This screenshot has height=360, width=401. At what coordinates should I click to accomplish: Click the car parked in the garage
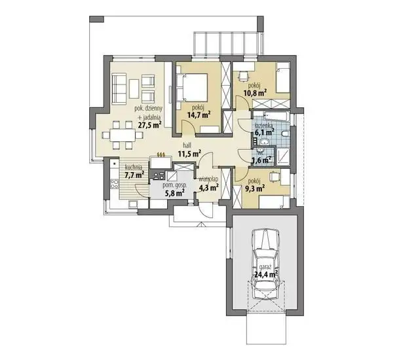point(266,264)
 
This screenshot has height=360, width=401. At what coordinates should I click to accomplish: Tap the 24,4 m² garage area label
point(266,274)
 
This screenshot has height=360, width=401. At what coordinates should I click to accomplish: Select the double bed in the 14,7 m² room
point(193,87)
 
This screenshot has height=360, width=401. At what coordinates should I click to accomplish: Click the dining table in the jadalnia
point(123,135)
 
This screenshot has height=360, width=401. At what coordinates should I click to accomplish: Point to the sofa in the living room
point(119,88)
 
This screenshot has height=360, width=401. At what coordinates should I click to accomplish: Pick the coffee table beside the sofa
point(134,88)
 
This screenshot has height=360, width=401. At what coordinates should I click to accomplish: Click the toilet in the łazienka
point(285,134)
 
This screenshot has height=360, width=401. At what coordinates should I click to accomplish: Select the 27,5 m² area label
point(149,125)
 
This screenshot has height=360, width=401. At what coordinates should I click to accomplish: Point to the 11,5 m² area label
point(189,154)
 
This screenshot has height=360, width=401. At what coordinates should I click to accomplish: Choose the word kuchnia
point(134,168)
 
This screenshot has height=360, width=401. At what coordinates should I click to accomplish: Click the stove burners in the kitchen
point(114,184)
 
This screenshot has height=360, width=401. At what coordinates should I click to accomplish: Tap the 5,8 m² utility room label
point(175,193)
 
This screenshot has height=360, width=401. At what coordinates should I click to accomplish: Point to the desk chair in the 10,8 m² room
point(244,75)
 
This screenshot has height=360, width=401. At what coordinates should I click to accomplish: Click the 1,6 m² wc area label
point(261,161)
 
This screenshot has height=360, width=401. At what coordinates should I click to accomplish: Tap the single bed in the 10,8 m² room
point(282,78)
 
